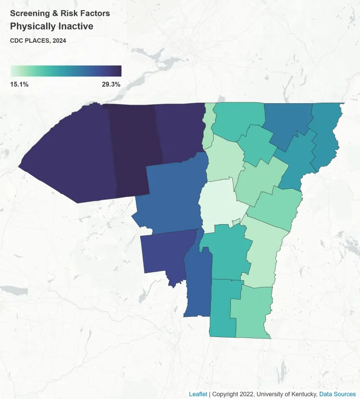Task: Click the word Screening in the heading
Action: [29, 13]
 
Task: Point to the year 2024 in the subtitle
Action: [58, 41]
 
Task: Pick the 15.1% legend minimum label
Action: [19, 85]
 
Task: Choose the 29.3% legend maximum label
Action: [111, 85]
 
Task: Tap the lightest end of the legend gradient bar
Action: [13, 71]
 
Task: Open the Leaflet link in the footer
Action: [198, 394]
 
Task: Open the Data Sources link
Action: [337, 394]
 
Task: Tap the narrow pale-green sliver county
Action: [208, 126]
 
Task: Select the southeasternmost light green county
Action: [252, 312]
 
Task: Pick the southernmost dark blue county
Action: [197, 288]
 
